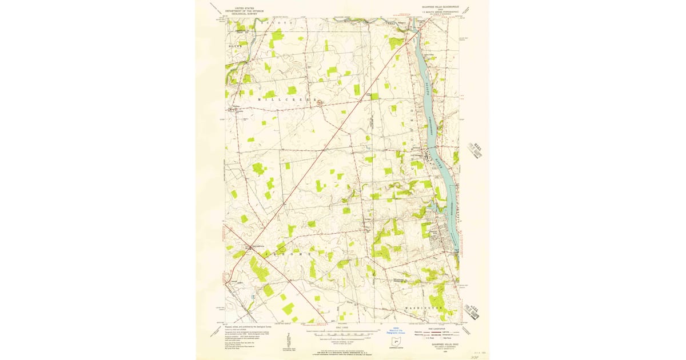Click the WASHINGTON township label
[x=424, y=308]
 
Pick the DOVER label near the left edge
[x=235, y=45]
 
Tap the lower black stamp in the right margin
[x=474, y=311]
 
